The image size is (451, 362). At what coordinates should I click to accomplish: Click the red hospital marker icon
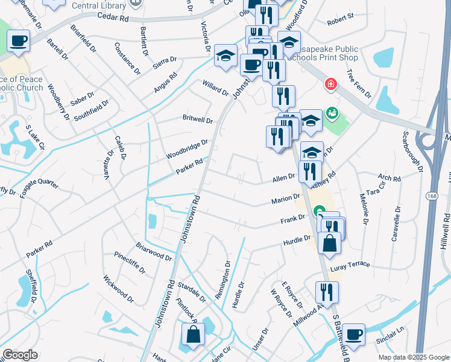pos(330,84)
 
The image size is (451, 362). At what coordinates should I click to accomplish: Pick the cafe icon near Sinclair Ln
pos(354,334)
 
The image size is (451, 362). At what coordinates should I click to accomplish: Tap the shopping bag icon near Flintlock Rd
pos(193,335)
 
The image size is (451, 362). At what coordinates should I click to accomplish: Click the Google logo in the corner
pos(20,355)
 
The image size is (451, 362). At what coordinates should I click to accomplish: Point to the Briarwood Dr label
pos(154,251)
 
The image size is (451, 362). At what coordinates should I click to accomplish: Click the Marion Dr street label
pos(286,198)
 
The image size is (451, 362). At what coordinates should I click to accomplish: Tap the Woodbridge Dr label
pos(188,150)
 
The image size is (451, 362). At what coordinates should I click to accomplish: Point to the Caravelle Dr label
pos(396,224)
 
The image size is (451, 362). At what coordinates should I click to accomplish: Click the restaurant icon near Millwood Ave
pos(327,291)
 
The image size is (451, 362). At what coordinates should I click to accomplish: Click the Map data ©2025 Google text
pos(413,357)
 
